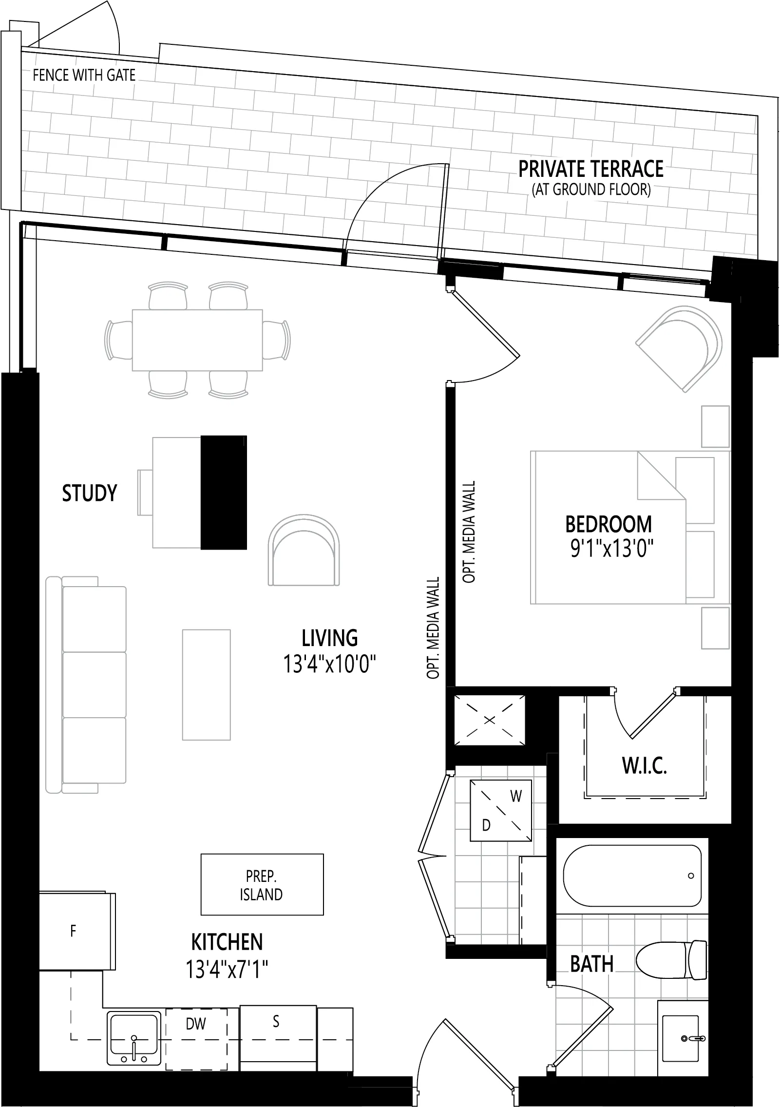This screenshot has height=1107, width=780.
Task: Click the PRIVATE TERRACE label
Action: [x=590, y=169]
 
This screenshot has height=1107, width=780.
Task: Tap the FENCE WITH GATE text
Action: [x=84, y=75]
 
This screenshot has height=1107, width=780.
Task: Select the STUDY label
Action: [x=90, y=493]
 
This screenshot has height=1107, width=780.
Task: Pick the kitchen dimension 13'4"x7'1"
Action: [x=227, y=969]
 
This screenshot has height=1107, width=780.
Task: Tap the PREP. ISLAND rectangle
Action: [x=262, y=884]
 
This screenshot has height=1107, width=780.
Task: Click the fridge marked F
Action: [x=77, y=932]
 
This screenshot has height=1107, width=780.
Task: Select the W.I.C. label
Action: [x=645, y=779]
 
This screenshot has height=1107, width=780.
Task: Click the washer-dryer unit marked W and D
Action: [x=501, y=810]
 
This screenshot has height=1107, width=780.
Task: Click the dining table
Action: [x=197, y=340]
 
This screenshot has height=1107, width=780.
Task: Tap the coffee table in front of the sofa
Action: [x=206, y=685]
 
